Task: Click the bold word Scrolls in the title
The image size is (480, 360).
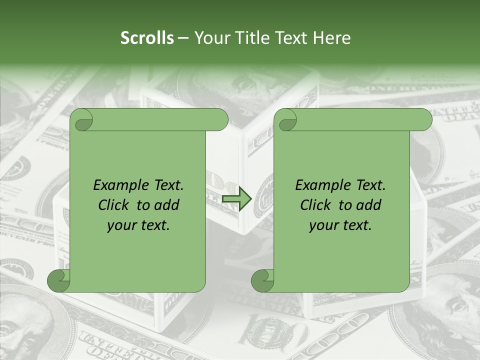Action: [x=147, y=38]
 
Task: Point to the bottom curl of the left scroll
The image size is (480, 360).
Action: [x=58, y=280]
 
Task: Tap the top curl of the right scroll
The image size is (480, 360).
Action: [x=287, y=120]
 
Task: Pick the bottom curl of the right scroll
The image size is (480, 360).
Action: [x=262, y=280]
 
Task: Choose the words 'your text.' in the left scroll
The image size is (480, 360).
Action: [x=138, y=225]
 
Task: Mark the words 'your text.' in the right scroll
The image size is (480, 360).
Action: [x=340, y=225]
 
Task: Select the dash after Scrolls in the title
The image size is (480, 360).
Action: [x=183, y=38]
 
